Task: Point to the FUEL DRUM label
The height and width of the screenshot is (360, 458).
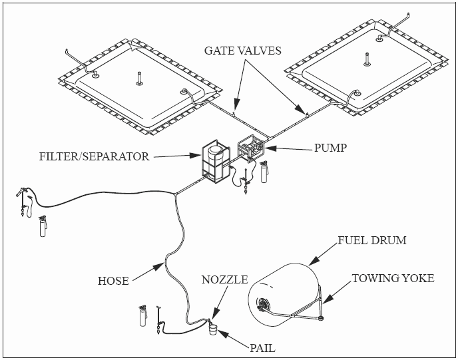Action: (371, 240)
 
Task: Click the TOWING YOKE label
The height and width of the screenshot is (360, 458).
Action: (393, 278)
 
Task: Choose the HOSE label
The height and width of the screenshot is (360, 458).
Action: (113, 281)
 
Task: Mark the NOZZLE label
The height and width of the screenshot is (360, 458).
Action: (224, 280)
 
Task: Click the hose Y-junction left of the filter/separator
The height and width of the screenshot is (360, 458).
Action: (174, 194)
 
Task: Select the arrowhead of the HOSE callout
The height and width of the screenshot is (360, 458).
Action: (163, 265)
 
